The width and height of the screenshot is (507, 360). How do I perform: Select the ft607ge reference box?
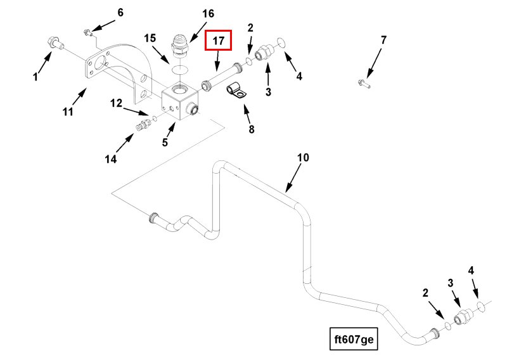click(x=354, y=338)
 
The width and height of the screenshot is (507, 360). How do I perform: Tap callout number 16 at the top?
click(x=209, y=13)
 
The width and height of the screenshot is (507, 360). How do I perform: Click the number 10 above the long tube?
click(x=303, y=157)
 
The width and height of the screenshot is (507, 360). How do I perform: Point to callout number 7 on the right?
click(x=383, y=41)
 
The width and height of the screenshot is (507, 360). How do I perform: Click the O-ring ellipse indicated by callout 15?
click(x=180, y=68)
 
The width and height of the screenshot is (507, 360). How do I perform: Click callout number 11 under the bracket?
click(x=68, y=112)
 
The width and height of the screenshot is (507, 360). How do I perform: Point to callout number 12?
click(x=116, y=102)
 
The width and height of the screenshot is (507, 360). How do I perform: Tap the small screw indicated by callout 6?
click(x=88, y=30)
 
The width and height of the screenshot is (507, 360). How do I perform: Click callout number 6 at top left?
click(x=120, y=12)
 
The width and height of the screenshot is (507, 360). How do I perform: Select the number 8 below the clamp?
click(x=251, y=129)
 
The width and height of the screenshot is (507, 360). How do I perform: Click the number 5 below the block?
click(x=165, y=143)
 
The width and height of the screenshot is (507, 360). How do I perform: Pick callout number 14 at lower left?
click(x=111, y=159)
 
